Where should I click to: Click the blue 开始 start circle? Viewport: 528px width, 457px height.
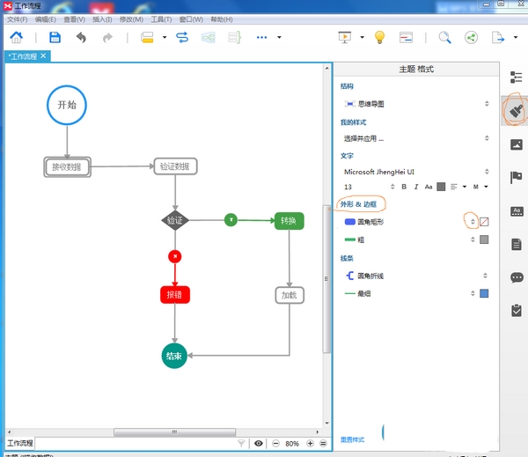[x=68, y=105]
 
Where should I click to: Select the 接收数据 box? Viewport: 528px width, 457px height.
[x=68, y=166]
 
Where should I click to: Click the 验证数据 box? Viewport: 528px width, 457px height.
[x=176, y=166]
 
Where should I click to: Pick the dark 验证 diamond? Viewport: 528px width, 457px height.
[x=175, y=220]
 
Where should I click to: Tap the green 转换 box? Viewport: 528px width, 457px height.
[x=289, y=221]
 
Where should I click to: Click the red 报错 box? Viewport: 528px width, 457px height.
[x=175, y=295]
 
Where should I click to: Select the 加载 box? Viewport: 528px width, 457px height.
[x=289, y=295]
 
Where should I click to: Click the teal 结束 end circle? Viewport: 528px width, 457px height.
[x=174, y=356]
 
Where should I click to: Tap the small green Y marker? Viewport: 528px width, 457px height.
[x=231, y=220]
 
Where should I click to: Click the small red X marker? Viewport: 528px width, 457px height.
[x=175, y=256]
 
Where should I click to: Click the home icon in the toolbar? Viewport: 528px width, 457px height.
[x=17, y=38]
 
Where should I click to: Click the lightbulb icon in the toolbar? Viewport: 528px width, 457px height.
[x=379, y=38]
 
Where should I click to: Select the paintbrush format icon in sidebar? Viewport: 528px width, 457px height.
[x=515, y=110]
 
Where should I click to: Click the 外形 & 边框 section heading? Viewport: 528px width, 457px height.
[x=362, y=204]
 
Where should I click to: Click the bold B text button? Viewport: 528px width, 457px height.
[x=404, y=187]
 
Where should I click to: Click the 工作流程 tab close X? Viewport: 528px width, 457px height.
[x=43, y=55]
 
